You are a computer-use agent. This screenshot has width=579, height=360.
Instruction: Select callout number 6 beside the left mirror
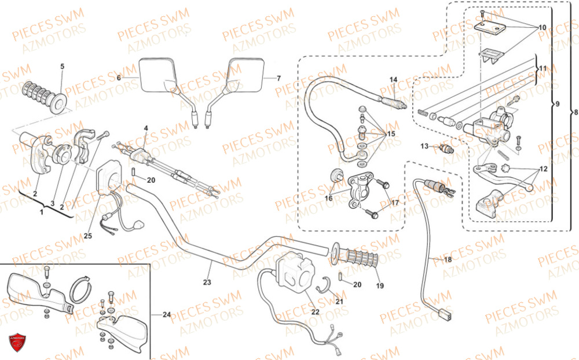[119, 77]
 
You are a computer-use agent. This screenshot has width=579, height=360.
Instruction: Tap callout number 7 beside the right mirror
[278, 78]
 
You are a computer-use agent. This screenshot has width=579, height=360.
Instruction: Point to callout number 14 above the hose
[393, 79]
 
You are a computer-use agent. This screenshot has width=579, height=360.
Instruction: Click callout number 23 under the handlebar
[207, 282]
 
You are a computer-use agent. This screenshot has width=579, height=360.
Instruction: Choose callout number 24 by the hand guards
[167, 315]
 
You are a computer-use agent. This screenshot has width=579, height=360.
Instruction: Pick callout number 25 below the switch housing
[87, 236]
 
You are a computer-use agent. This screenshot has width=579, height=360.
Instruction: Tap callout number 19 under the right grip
[380, 285]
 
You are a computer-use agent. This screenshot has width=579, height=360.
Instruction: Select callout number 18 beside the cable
[448, 260]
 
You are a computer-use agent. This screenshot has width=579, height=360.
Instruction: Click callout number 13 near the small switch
[424, 146]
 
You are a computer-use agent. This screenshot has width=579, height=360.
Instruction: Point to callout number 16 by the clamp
[328, 198]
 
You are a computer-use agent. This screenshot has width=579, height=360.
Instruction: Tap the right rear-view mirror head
[245, 75]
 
